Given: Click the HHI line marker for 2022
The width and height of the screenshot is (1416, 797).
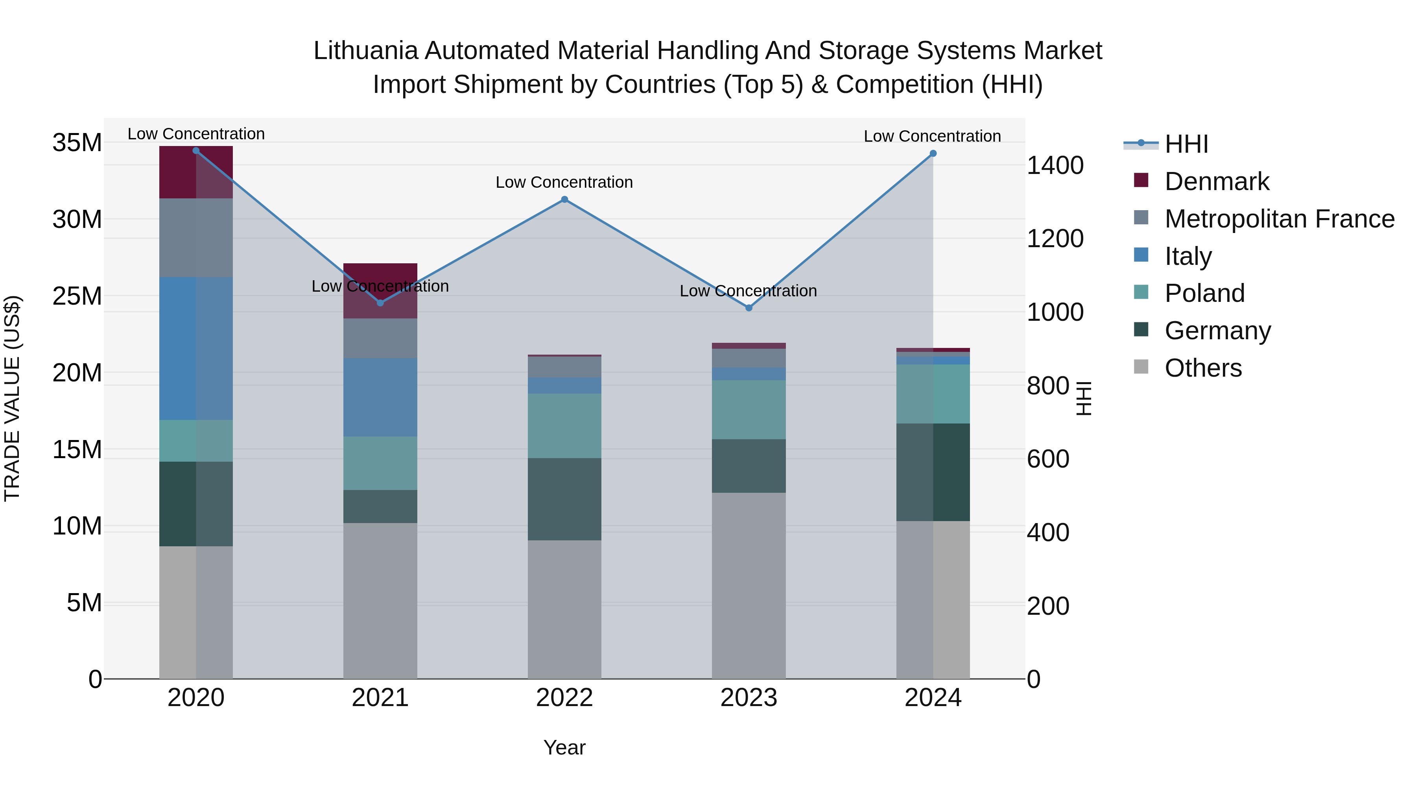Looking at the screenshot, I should pos(564,200).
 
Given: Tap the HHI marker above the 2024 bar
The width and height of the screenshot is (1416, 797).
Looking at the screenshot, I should pos(933,153).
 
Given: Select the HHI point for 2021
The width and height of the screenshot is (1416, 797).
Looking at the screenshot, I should pos(380,303).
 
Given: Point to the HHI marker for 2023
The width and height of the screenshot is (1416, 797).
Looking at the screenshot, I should pos(749,308).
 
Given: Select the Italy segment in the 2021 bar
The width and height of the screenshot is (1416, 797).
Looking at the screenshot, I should pos(380,397).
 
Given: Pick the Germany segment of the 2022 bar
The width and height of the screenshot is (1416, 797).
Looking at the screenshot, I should pos(564,499).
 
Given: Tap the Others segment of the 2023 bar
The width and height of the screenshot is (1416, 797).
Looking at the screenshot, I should pos(749,585).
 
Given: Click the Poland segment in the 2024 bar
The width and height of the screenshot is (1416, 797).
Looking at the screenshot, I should pos(933,394).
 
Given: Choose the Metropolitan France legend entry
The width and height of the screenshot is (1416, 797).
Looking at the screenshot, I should pos(1279,219).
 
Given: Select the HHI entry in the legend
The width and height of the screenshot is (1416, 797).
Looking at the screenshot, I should pos(1186,144).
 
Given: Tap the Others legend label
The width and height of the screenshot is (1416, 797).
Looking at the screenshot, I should pos(1203,368).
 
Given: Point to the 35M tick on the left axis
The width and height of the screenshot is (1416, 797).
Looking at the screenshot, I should pos(77,143).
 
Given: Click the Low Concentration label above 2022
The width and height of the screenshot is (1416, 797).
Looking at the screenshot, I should pos(564,182).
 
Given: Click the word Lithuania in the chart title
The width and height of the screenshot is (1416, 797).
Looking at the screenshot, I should pos(365,51).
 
